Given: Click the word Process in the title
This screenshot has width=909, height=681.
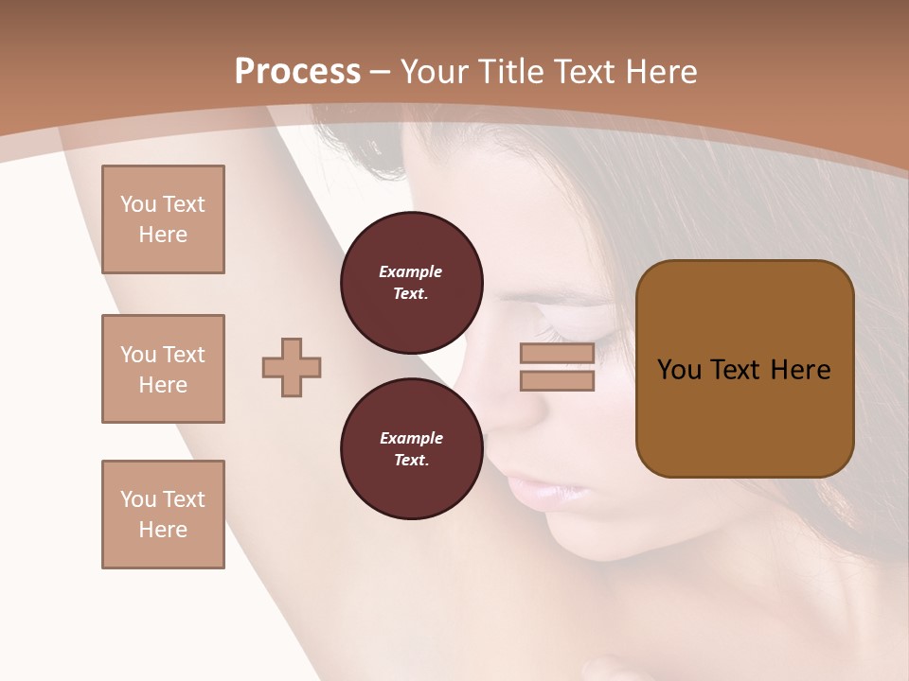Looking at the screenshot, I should click(297, 72).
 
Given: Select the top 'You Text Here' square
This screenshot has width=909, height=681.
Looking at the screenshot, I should click(163, 219).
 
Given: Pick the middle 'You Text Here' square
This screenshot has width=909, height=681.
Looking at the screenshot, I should click(163, 369).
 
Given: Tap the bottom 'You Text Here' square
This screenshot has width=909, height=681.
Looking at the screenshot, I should click(163, 515).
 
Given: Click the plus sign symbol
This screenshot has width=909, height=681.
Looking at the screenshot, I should click(292, 367).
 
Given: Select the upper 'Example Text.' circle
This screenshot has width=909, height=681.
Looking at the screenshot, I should click(411, 282).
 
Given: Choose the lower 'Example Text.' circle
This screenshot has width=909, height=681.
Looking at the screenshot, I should click(411, 448).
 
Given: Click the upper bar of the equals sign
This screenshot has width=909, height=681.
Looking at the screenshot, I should click(557, 354).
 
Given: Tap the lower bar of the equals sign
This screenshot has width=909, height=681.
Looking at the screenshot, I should click(557, 381).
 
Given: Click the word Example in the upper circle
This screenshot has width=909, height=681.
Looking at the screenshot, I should click(411, 271).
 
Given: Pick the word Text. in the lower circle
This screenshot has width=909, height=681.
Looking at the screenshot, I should click(411, 461).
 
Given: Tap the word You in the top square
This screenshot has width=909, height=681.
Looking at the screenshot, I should click(138, 204).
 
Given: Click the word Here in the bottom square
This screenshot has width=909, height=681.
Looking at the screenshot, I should click(163, 530).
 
